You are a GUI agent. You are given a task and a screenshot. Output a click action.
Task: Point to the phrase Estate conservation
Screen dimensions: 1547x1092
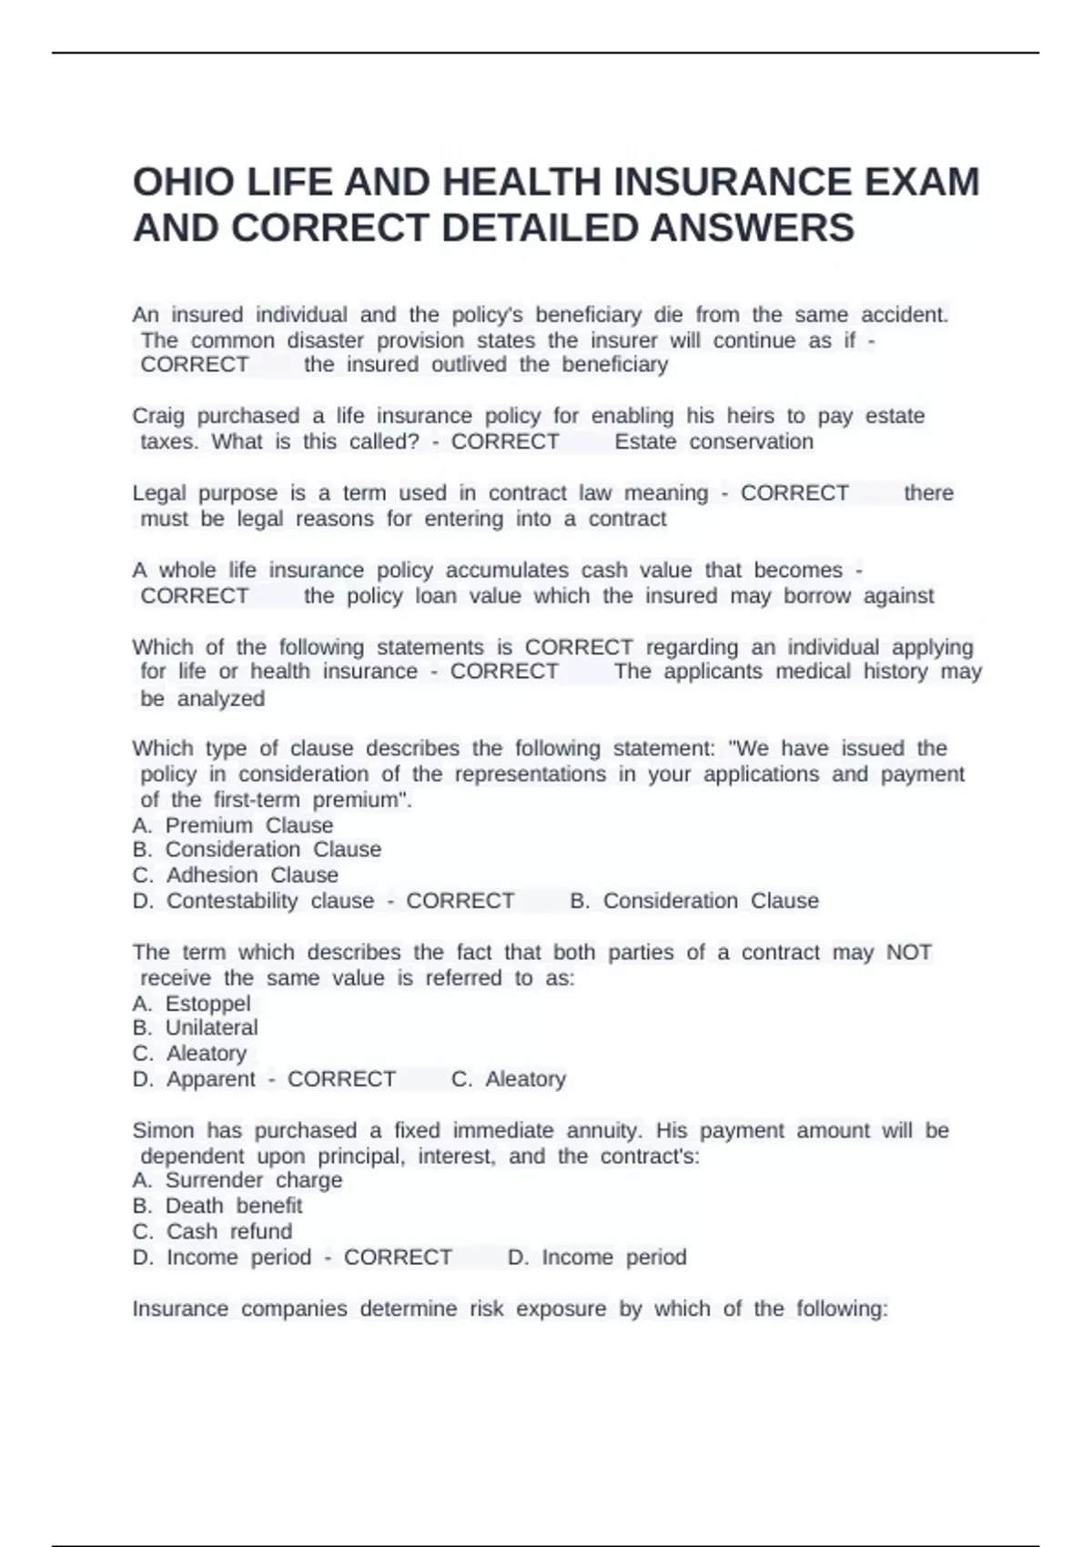pos(713,441)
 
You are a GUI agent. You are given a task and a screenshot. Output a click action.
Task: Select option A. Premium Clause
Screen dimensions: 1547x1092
pos(233,825)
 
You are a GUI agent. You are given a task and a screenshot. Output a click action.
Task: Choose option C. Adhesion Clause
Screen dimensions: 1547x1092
pos(235,875)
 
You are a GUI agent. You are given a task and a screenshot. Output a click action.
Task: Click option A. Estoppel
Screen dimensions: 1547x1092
pos(191,1004)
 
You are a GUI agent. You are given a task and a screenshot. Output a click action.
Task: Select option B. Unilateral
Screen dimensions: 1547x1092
pos(195,1027)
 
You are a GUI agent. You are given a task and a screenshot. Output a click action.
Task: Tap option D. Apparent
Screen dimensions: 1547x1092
pos(194,1079)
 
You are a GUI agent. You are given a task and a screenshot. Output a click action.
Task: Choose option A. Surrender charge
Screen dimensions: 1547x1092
pos(238,1180)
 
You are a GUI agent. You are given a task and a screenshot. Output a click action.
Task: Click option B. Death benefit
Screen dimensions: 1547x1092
pos(217,1206)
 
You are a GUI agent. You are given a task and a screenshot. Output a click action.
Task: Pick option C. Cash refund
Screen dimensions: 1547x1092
pos(212,1231)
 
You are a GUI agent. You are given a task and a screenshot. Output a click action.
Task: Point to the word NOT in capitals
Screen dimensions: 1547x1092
pos(908,953)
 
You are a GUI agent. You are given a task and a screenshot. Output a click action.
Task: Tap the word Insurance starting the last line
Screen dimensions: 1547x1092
pos(180,1309)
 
